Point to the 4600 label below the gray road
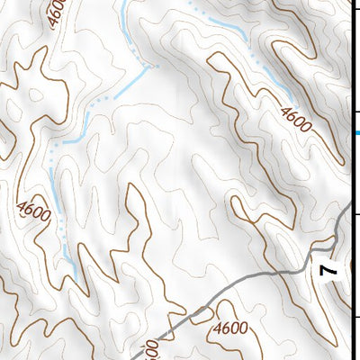231,328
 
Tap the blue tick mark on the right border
356,133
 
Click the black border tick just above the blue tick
355,112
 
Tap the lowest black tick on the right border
355,317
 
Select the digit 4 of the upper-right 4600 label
284,112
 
